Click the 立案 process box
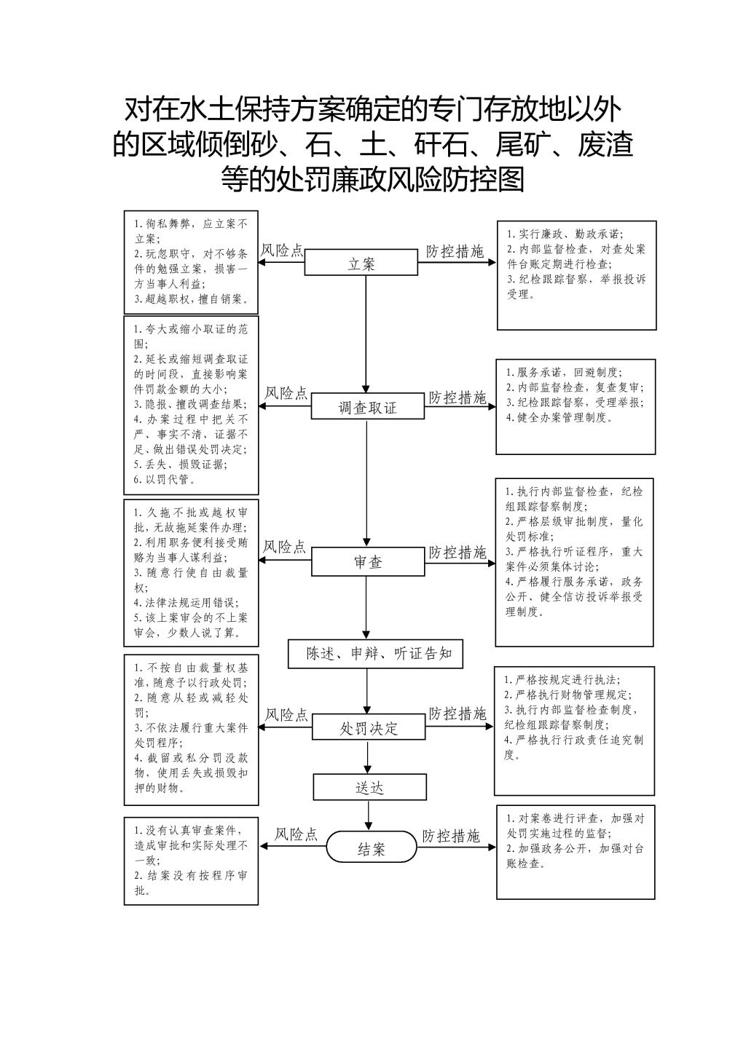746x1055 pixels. [361, 262]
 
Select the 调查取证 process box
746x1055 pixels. [368, 406]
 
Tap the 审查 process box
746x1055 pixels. [368, 561]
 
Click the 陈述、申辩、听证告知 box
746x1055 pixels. [375, 654]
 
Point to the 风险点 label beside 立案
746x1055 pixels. [282, 250]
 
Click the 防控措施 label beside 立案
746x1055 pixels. [455, 251]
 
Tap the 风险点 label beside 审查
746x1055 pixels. [284, 547]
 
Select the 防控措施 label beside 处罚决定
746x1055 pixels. [457, 714]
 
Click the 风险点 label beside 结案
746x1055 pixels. [297, 834]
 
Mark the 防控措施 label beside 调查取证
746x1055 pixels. [457, 398]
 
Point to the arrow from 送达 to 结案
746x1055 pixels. [369, 815]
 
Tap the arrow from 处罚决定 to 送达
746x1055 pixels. [368, 757]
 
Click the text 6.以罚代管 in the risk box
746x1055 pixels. [165, 480]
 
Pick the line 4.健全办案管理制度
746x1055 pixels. [559, 417]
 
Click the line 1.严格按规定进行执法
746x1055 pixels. [562, 679]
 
